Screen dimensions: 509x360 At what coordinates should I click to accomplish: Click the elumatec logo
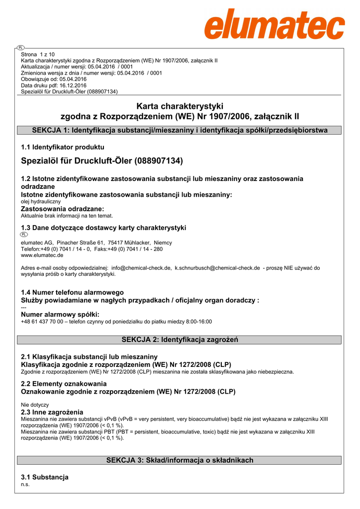pos(274,24)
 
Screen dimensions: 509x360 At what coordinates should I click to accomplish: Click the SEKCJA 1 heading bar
pos(180,131)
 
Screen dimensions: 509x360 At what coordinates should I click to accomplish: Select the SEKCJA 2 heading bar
pos(180,340)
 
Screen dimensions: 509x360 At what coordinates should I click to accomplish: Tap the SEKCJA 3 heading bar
pos(180,460)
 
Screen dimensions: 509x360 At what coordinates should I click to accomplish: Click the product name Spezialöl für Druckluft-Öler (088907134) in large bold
pos(102,161)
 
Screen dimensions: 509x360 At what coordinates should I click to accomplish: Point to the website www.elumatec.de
pos(42,255)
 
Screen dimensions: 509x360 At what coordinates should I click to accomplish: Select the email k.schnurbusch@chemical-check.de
pos(217,268)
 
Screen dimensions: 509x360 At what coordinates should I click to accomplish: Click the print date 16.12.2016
pos(73,85)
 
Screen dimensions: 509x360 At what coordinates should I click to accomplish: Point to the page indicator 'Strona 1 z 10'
pos(38,54)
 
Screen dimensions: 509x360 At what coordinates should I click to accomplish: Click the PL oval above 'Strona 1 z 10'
pos(20,48)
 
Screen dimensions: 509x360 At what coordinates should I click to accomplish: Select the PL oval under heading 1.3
pos(24,234)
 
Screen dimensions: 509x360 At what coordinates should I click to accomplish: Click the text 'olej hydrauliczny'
pos(41,202)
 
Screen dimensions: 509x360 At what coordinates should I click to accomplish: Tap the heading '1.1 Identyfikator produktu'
pos(63,147)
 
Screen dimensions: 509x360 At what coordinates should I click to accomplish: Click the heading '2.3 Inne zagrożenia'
pos(52,412)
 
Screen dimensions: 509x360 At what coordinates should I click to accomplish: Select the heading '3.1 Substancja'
pos(45,477)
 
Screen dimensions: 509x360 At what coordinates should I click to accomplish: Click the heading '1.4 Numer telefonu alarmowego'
pos(73,292)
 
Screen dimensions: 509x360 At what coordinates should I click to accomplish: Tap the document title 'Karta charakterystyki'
pos(180,106)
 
